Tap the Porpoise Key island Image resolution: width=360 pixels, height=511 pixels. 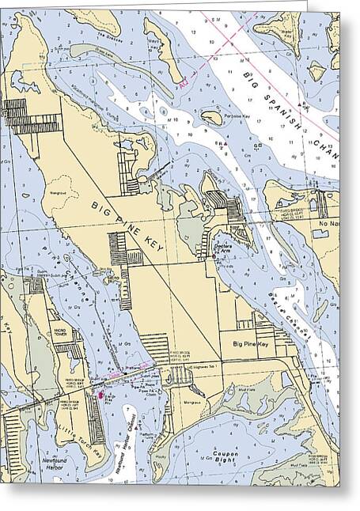(212, 117)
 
